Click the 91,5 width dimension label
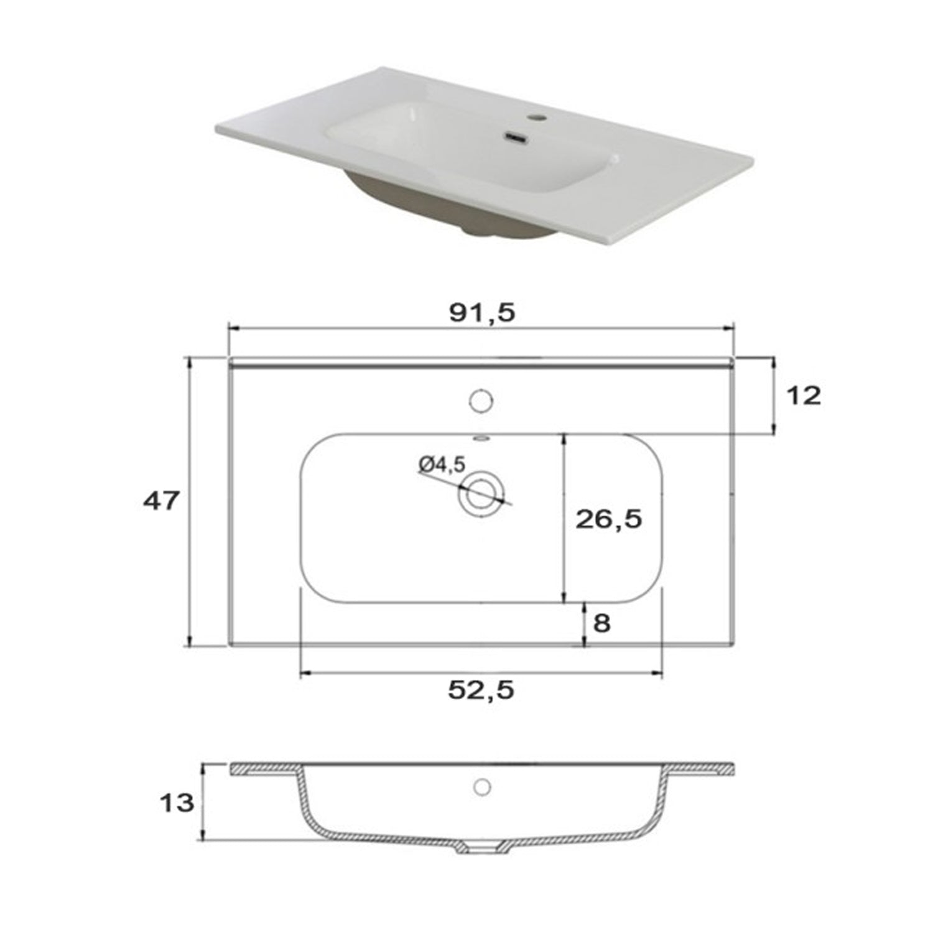point(482,312)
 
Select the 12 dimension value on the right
point(804,395)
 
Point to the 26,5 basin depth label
point(608,518)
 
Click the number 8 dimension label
point(601,623)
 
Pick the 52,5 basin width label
point(481,689)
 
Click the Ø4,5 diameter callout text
point(442,464)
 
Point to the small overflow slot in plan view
point(481,439)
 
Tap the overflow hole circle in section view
point(482,786)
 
